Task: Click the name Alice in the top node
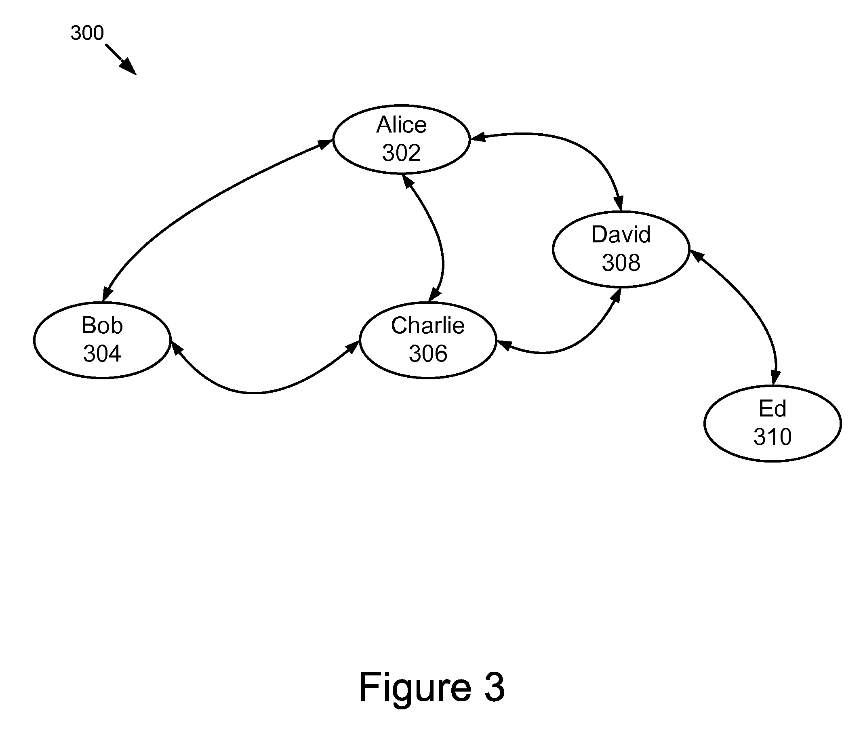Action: (x=401, y=125)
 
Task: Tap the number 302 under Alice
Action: (x=401, y=153)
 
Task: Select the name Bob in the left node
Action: (x=102, y=325)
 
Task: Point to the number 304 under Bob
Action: (x=102, y=354)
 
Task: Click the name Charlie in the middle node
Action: (x=428, y=325)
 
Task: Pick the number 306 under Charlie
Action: (x=428, y=354)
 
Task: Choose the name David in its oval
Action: (x=621, y=235)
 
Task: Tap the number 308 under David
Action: (x=621, y=263)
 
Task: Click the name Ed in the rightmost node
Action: (x=772, y=409)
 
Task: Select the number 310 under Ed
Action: (x=772, y=437)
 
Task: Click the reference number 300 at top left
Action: (x=87, y=33)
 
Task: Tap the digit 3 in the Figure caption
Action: (x=495, y=688)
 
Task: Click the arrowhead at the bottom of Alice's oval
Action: (x=407, y=181)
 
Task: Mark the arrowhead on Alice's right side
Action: (x=478, y=137)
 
